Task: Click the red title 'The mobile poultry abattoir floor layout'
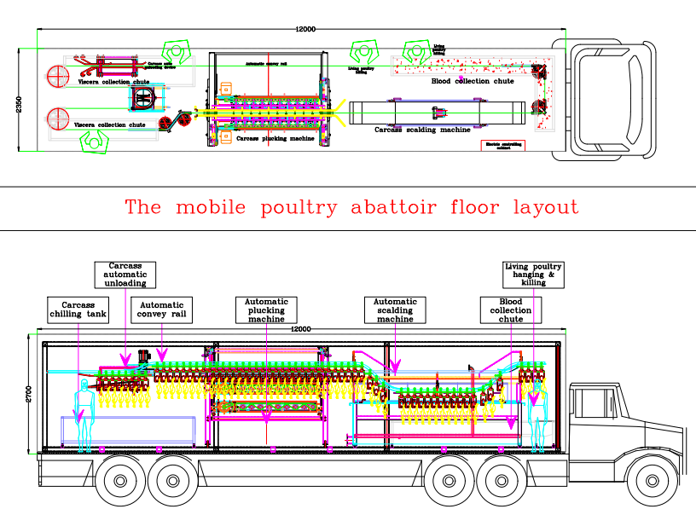pos(351,207)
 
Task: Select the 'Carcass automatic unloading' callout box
pos(125,275)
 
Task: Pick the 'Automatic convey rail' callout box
pos(162,310)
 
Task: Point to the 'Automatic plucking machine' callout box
pos(266,309)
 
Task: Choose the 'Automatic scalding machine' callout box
pos(395,309)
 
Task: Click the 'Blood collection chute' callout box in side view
pos(511,310)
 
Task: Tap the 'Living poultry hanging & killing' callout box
pos(533,275)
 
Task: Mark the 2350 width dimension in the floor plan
pos(20,103)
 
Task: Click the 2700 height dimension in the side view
pos(29,393)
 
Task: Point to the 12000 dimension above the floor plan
pos(305,29)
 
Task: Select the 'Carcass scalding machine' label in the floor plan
pos(422,130)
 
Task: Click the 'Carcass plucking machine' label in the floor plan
pos(275,138)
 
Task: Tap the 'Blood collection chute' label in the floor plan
pos(472,82)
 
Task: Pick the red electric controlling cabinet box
pos(503,145)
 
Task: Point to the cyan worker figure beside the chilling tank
pos(84,413)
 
